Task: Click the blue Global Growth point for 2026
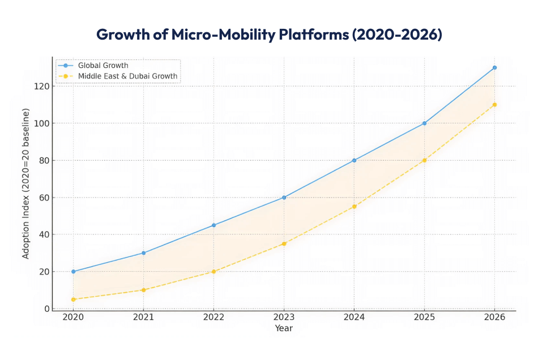(x=494, y=67)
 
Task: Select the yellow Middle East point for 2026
(x=494, y=105)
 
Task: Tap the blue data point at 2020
(x=73, y=272)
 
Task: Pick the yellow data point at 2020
(x=73, y=299)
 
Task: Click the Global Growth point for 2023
(x=284, y=198)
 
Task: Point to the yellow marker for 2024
(x=354, y=207)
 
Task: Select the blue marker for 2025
(x=424, y=123)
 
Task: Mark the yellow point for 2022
(x=214, y=272)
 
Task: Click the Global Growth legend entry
(x=103, y=66)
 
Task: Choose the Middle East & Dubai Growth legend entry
(x=127, y=76)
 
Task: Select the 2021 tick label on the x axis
(x=143, y=318)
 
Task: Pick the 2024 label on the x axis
(x=354, y=318)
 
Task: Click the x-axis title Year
(x=284, y=328)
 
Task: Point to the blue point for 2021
(x=143, y=253)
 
